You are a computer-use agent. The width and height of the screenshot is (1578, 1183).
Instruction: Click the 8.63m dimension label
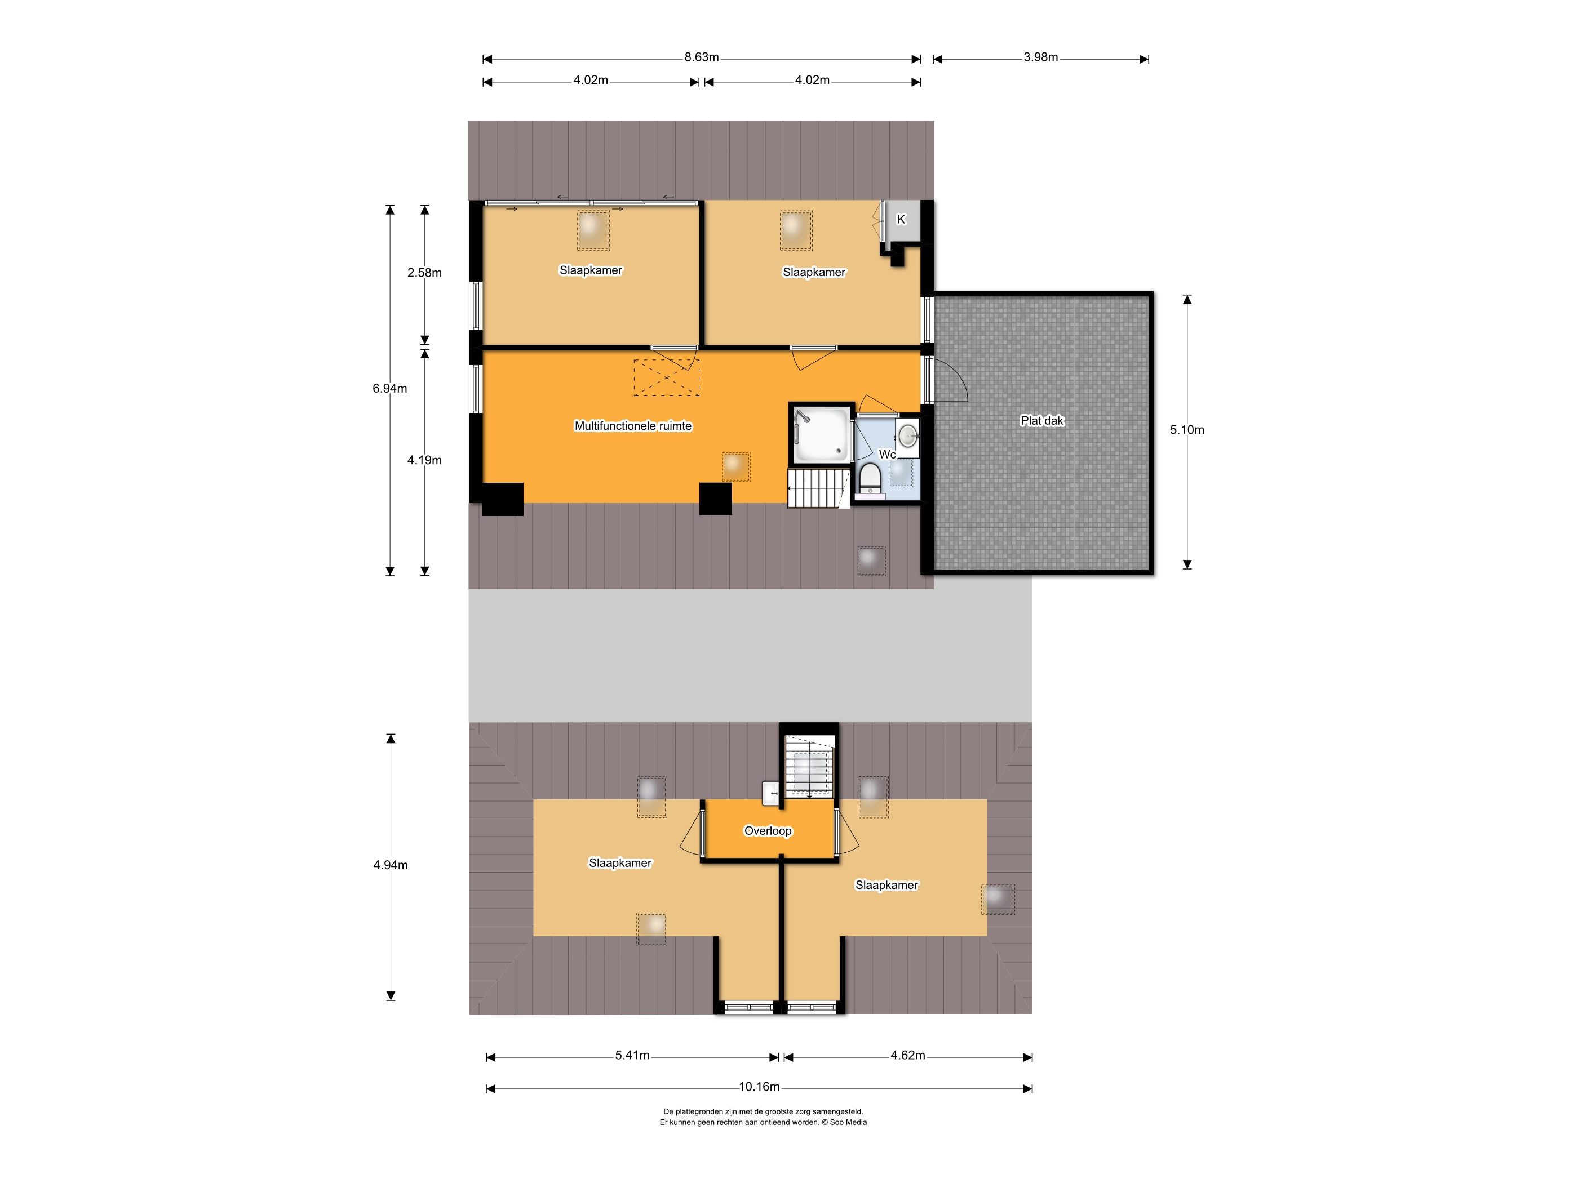point(701,57)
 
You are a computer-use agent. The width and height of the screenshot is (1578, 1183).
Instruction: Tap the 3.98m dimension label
point(1040,57)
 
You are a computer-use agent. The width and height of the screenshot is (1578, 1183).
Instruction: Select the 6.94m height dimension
point(389,389)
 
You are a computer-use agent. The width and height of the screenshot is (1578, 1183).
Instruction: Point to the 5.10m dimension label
point(1186,430)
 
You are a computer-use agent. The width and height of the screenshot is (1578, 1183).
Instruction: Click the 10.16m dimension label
point(759,1087)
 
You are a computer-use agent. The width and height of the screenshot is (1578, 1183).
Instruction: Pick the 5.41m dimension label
point(632,1055)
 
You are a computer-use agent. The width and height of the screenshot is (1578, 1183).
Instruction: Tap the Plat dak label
point(1041,421)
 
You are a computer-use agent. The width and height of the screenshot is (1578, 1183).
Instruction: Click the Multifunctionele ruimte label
point(633,426)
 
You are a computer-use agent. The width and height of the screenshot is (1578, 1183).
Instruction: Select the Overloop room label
point(768,831)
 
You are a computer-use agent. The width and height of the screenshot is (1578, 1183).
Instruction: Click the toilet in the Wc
point(870,478)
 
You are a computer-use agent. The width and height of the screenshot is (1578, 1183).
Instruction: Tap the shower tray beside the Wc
point(822,434)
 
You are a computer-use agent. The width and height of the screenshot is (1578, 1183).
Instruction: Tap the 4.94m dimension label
point(390,865)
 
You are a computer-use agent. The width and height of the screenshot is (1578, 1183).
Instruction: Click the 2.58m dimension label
point(424,273)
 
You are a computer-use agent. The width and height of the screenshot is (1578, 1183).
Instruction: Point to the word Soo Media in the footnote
point(848,1122)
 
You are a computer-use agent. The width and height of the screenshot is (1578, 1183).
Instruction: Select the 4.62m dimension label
point(907,1055)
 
